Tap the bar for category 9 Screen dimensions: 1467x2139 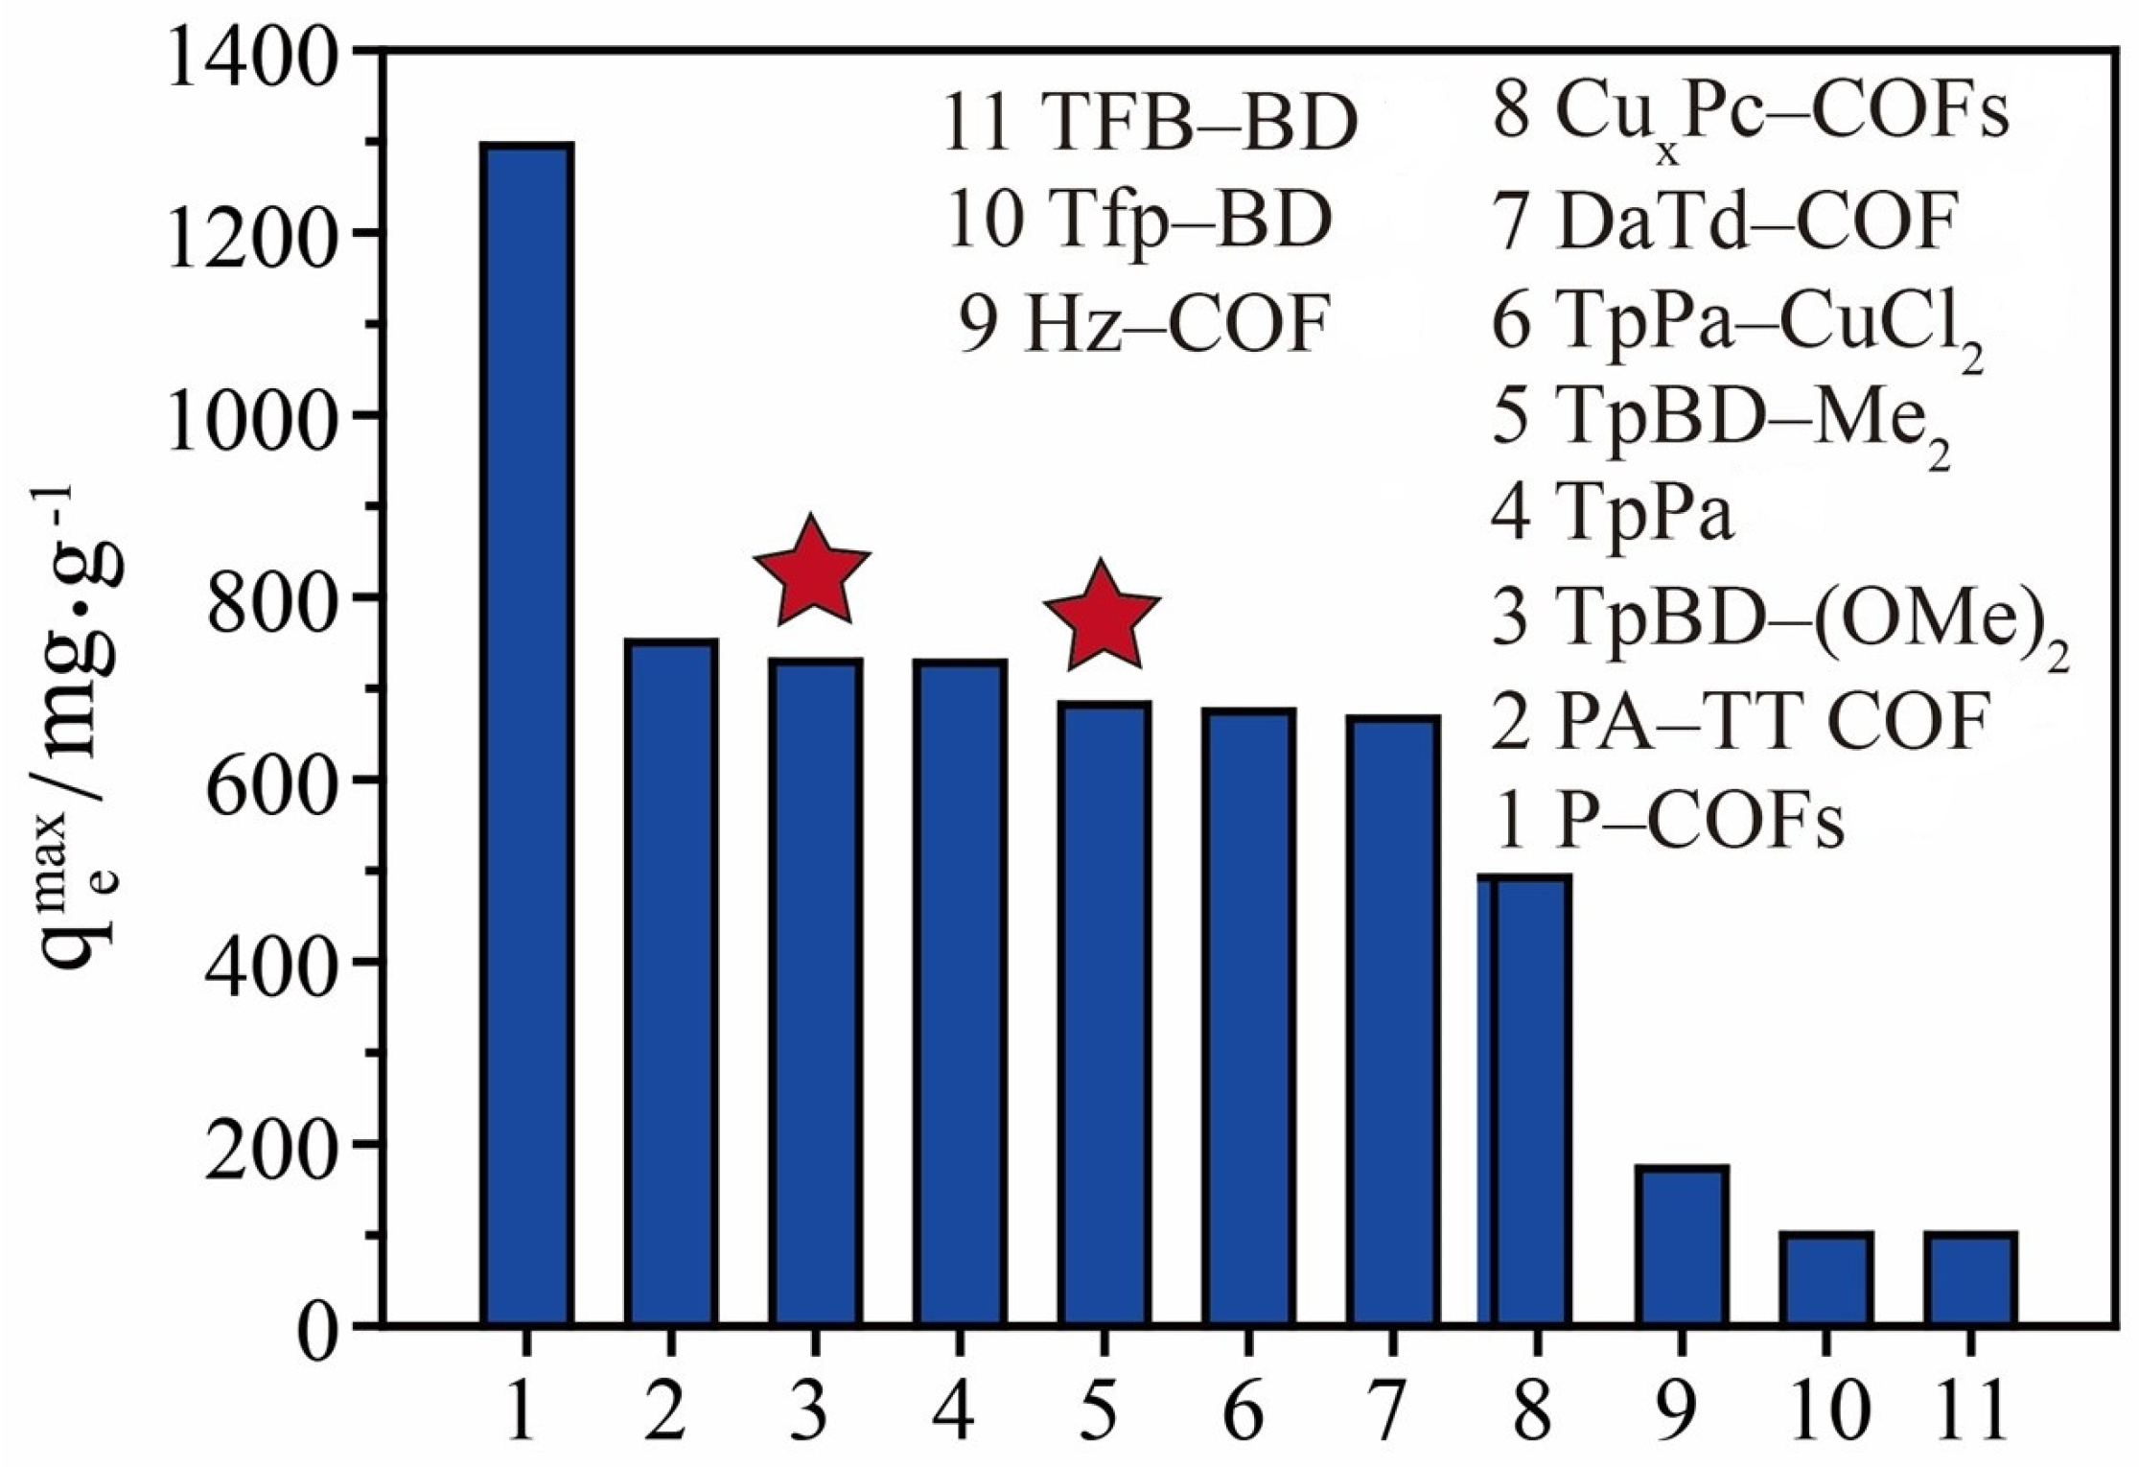click(1680, 1246)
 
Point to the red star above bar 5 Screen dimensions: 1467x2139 click(1102, 617)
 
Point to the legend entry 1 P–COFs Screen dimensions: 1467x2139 click(1668, 824)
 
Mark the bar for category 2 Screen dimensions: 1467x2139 click(671, 983)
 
